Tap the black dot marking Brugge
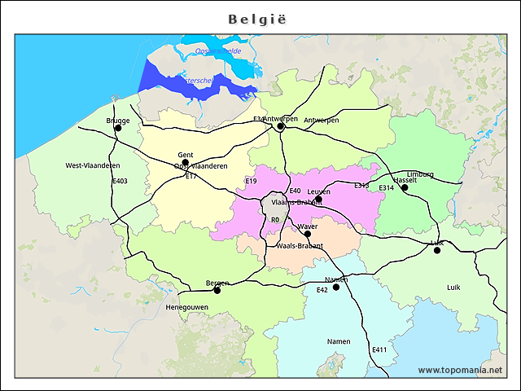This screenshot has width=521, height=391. coord(118,128)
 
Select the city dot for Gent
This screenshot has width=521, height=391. coord(185,162)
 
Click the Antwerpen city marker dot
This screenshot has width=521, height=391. coord(280,126)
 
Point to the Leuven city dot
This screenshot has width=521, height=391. coord(319,199)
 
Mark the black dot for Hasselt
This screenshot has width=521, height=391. coord(405,187)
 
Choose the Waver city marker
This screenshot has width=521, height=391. coord(307,234)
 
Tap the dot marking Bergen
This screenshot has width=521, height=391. coord(217,290)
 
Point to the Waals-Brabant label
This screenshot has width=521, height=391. coord(300,245)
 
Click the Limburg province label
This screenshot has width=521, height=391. coord(420,174)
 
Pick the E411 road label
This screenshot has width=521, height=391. coord(379,349)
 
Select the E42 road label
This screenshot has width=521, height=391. coord(322,290)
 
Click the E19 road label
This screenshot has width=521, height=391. coord(251,181)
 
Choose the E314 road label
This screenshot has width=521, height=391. coord(386,188)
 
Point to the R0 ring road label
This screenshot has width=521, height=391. coord(274,220)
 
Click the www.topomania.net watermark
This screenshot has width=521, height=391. coord(460,370)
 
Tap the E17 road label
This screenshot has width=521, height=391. coord(190,176)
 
